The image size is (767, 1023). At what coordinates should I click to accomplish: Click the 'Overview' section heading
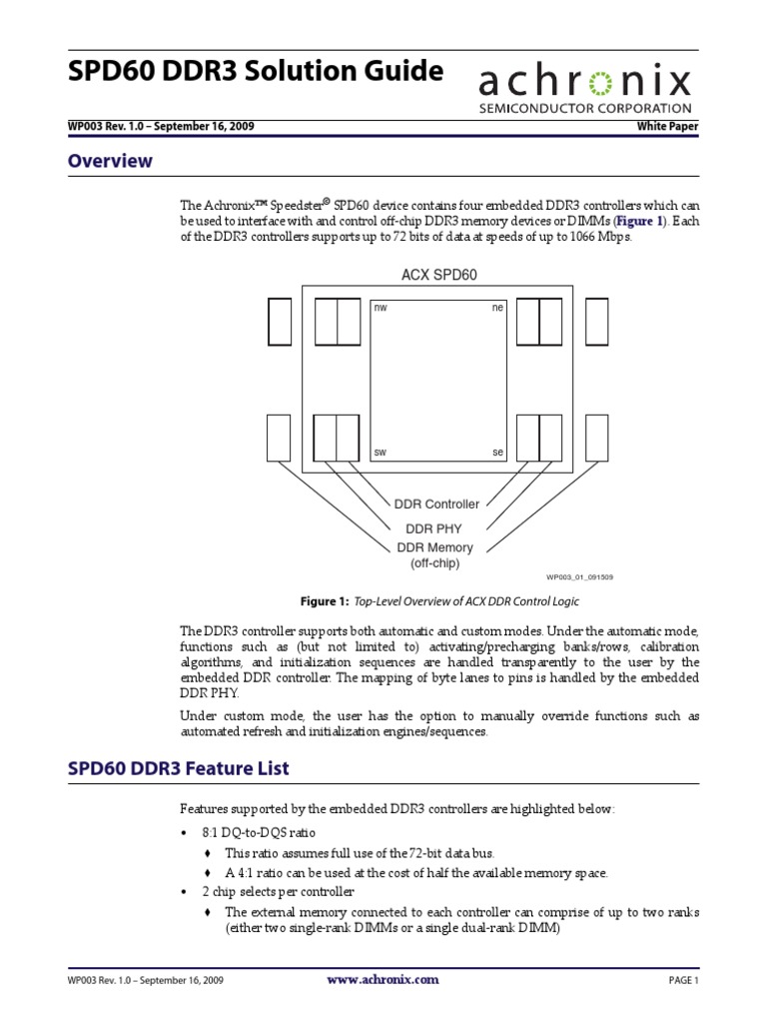(x=109, y=161)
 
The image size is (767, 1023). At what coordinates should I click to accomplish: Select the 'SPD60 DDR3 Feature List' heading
(x=178, y=768)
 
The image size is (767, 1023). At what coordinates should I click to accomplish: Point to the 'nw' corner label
(x=380, y=309)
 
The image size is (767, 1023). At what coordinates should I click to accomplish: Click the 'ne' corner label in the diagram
(x=497, y=309)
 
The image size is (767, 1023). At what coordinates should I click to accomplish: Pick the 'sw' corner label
(x=380, y=453)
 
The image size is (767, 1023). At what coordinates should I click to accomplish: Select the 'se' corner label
(x=497, y=453)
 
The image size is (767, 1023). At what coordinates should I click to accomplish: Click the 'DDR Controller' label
(x=438, y=505)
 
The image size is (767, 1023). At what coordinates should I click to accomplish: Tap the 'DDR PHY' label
(x=433, y=527)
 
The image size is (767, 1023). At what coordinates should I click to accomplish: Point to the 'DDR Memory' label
(x=435, y=547)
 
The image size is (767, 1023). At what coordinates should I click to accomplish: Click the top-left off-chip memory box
(x=280, y=321)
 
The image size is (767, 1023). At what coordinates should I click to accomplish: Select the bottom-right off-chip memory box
(x=596, y=438)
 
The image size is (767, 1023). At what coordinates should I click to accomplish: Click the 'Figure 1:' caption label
(x=324, y=601)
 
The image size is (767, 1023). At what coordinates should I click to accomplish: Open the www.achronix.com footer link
(x=383, y=980)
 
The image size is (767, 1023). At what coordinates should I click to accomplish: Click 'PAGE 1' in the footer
(x=683, y=981)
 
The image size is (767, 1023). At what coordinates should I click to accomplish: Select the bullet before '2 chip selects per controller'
(x=184, y=890)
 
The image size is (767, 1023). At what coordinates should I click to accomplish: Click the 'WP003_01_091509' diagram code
(x=579, y=576)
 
